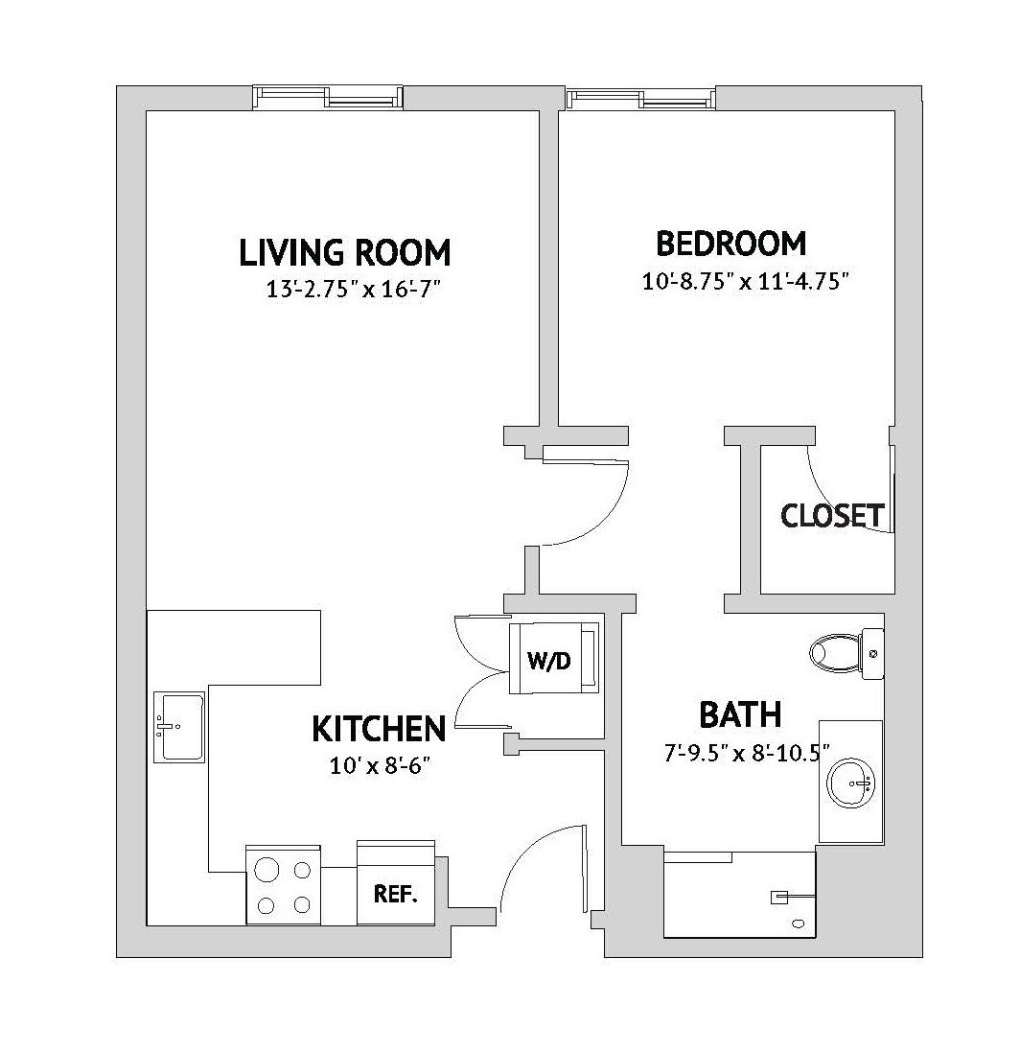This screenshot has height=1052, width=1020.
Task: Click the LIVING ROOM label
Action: (x=344, y=253)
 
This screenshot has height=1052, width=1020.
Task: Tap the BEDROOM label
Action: (x=730, y=244)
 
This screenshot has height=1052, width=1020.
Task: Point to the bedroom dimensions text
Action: (x=745, y=282)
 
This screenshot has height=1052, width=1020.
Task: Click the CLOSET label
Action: (x=831, y=516)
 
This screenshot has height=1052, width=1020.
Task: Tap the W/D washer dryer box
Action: (x=553, y=658)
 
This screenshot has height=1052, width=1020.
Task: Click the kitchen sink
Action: (x=178, y=726)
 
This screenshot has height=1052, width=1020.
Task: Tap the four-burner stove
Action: (x=283, y=885)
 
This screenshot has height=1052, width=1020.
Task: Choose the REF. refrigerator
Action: (x=395, y=893)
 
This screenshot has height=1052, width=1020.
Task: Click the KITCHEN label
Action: (x=379, y=729)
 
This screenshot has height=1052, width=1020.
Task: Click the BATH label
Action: (x=740, y=715)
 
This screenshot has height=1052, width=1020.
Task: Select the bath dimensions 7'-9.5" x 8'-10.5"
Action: (x=746, y=753)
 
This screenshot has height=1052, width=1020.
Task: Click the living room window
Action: (x=327, y=97)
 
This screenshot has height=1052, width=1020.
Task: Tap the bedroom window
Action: (x=640, y=98)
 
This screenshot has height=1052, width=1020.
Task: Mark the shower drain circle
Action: (x=799, y=923)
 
